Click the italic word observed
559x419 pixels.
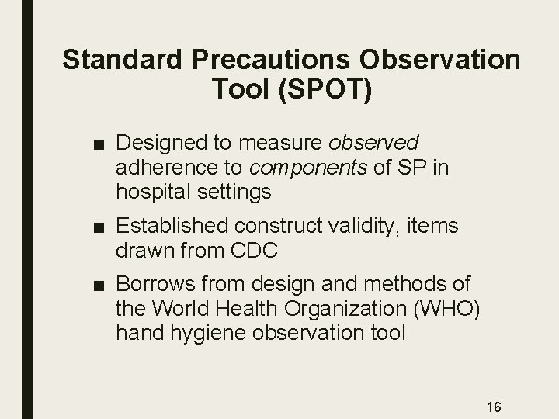point(374,143)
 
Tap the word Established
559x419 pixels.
point(165,227)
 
